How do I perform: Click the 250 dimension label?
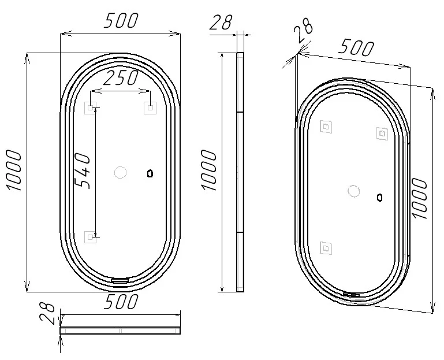121,78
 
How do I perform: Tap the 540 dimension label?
83,170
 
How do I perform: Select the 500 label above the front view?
121,20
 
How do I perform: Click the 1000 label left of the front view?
13,170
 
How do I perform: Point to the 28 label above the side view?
221,22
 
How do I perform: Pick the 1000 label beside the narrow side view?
208,170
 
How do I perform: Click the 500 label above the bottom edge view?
121,301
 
